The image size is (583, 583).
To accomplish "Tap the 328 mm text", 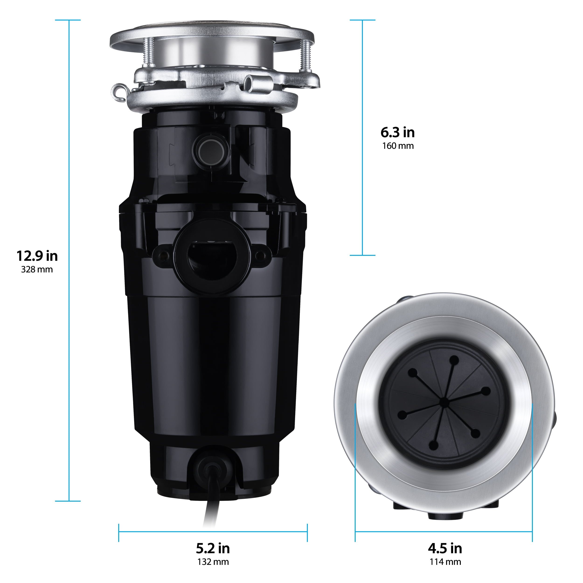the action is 37,270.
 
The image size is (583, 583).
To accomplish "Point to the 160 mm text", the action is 398,146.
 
